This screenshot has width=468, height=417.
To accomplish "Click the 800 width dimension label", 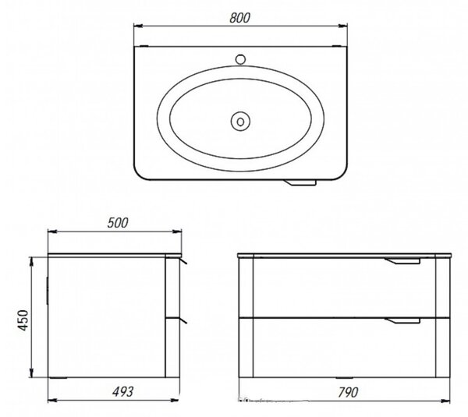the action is coord(239,18).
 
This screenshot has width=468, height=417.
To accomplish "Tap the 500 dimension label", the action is coord(118,223).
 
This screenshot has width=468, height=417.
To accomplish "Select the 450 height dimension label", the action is coord(23,320).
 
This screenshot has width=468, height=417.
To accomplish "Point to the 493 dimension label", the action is coord(122,391).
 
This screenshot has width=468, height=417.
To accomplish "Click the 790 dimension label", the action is coord(348,393).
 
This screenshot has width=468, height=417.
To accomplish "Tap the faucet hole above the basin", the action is coord(240,59).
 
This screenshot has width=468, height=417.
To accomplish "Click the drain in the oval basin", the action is coord(240,122).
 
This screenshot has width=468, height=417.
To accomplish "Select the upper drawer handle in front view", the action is coord(402,260).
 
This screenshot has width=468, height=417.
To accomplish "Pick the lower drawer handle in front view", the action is coord(402,320).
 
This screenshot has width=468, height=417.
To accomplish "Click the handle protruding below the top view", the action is coord(300,182).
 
